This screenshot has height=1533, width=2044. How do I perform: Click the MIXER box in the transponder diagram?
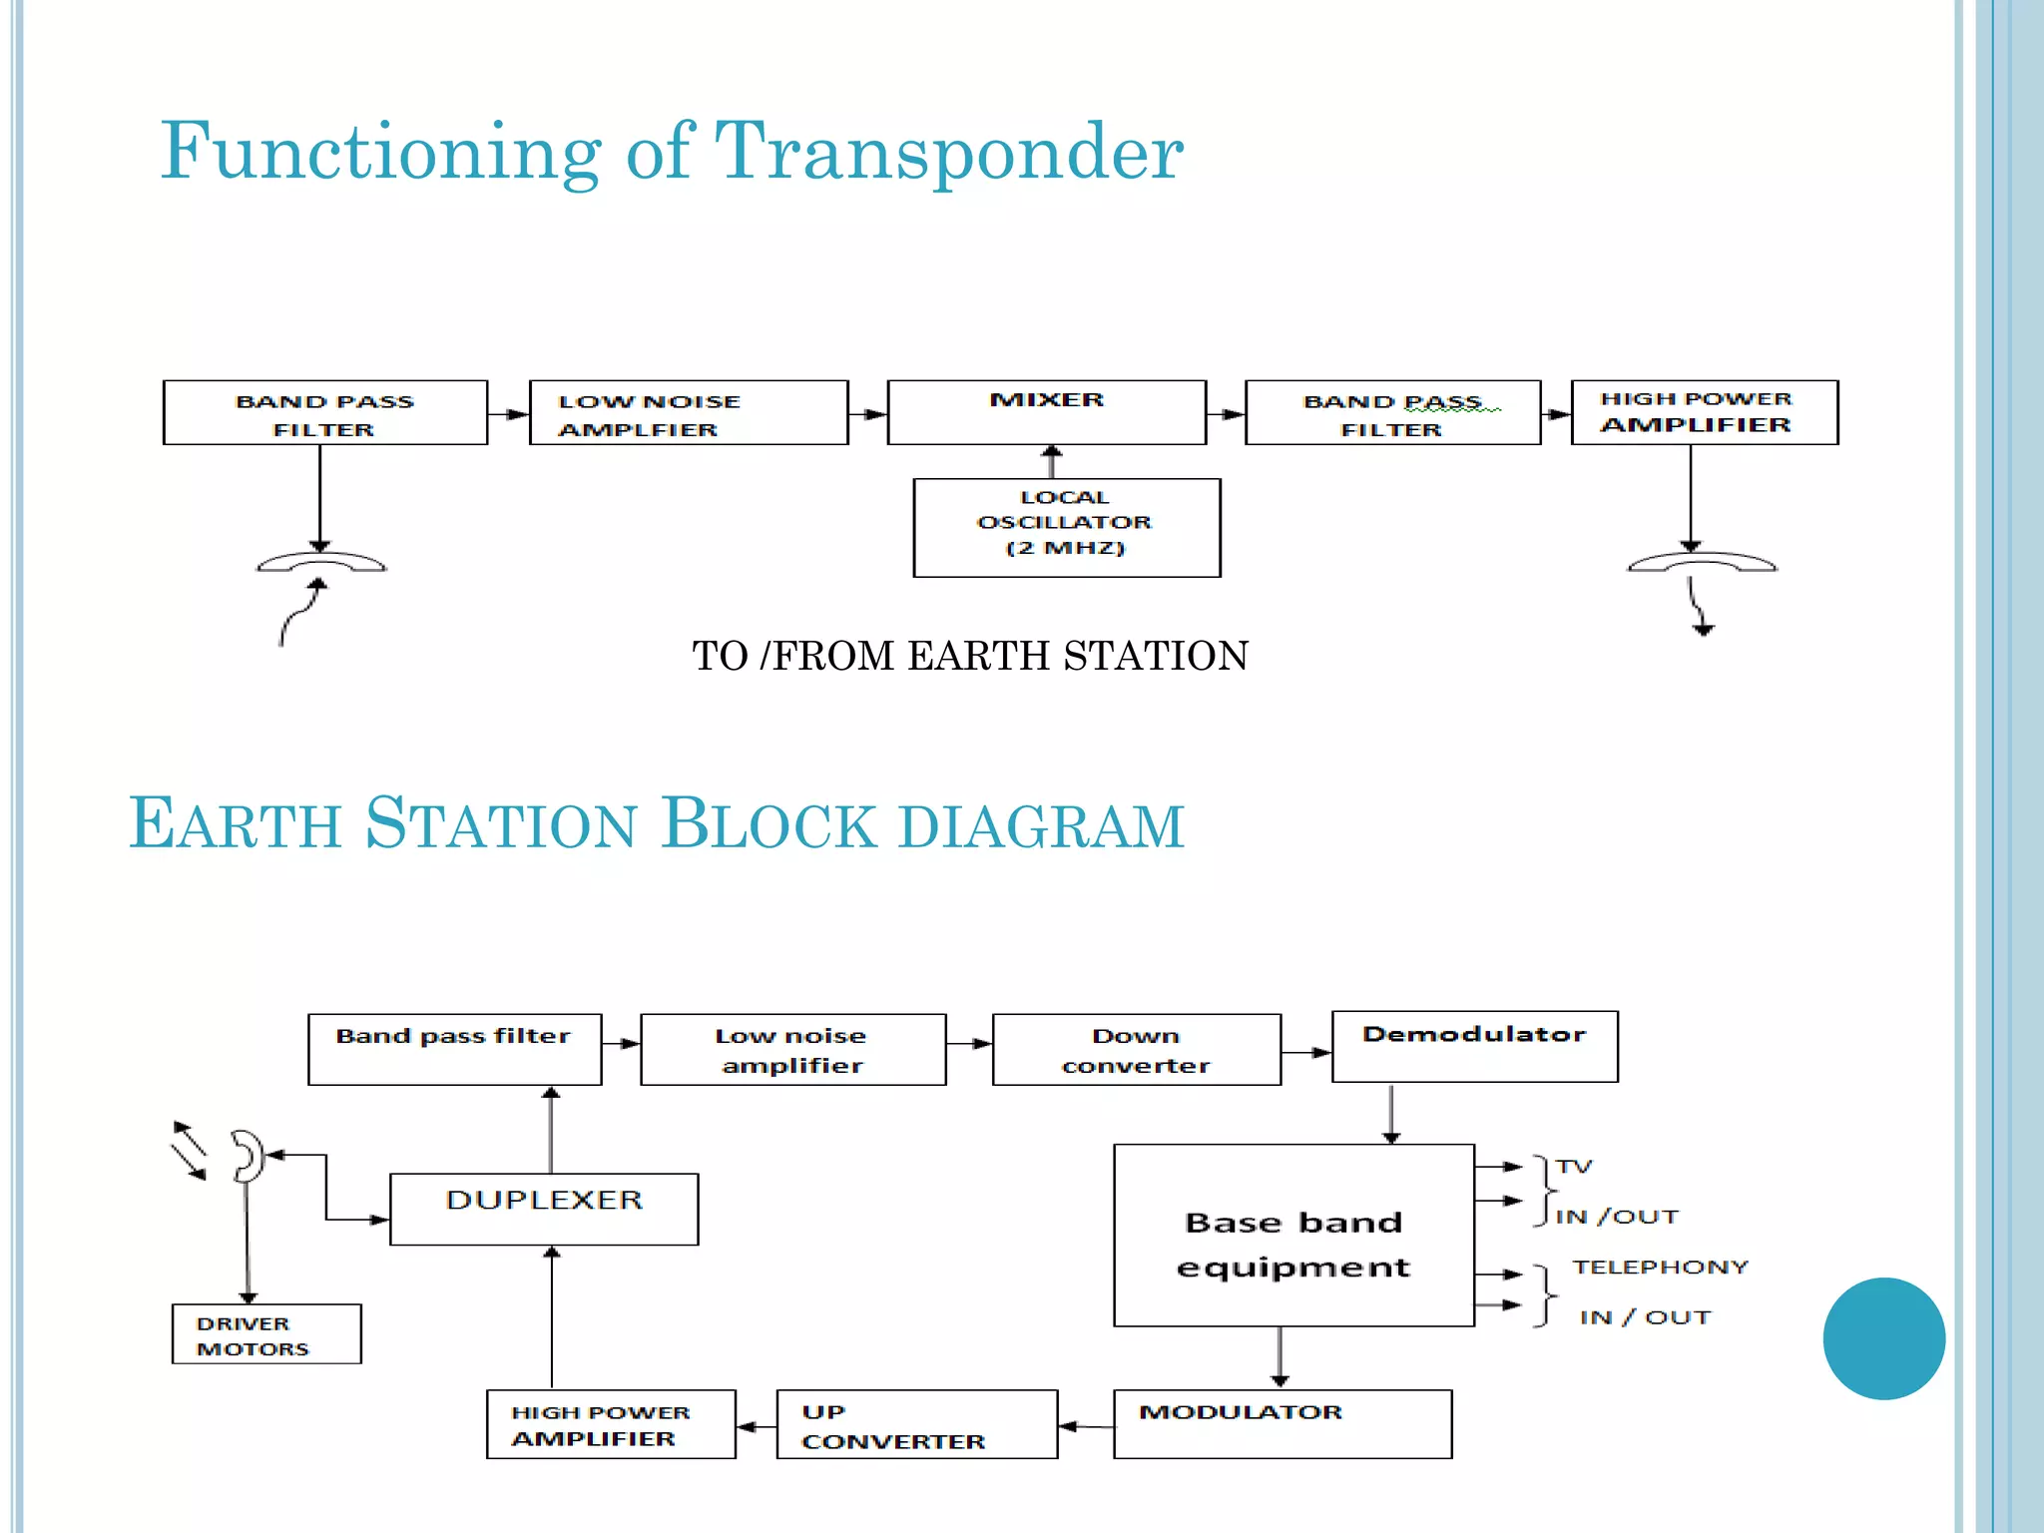[x=1046, y=412]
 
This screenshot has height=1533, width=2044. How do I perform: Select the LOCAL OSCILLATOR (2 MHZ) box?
[x=1066, y=527]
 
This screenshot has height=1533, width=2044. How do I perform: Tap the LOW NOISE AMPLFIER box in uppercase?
[x=689, y=412]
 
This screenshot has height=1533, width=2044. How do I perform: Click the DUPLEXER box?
[x=544, y=1209]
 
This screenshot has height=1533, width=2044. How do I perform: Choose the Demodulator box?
[x=1474, y=1046]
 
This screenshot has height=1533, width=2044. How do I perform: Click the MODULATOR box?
[x=1281, y=1424]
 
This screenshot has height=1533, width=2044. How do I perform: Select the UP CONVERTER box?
[x=916, y=1424]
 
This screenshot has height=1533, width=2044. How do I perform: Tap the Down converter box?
[x=1136, y=1050]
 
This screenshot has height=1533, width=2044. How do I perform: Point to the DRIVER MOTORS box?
[x=266, y=1334]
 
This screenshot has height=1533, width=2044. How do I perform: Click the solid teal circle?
[x=1883, y=1338]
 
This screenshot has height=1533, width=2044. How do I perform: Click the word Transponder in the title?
[x=949, y=152]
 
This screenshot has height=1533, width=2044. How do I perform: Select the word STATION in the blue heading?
[x=500, y=824]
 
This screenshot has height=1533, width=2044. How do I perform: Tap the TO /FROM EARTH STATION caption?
[x=970, y=656]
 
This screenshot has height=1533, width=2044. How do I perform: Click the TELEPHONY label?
[x=1660, y=1267]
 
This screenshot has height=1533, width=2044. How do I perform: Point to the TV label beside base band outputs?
[x=1574, y=1166]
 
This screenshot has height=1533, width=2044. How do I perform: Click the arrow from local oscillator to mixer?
[x=1051, y=461]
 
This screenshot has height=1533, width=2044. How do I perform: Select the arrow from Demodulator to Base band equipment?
[x=1391, y=1113]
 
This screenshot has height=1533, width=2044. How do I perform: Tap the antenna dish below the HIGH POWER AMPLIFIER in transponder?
[x=1702, y=563]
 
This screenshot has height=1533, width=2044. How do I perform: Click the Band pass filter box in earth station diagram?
[x=454, y=1050]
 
